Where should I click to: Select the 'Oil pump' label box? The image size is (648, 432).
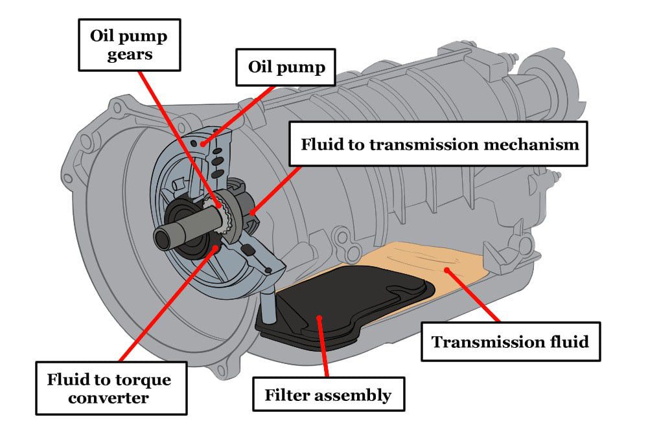click(286, 67)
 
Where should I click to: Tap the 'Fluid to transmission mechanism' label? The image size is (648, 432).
click(439, 144)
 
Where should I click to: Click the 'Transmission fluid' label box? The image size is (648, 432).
click(510, 341)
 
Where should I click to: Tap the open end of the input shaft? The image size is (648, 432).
click(161, 238)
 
